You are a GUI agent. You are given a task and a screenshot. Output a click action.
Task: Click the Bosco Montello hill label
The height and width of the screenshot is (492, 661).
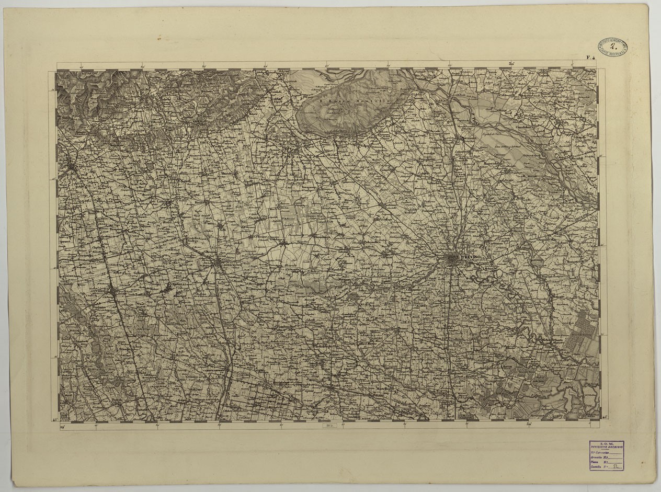click(352, 100)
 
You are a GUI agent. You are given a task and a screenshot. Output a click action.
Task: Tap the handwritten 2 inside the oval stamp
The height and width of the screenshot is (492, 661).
click(613, 45)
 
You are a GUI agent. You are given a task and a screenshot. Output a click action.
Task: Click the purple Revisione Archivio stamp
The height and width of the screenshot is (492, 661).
click(606, 455)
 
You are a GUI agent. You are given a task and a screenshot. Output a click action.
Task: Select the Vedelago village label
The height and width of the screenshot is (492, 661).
click(276, 240)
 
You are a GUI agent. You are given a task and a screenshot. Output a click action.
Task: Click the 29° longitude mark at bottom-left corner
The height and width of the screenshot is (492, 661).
click(62, 427)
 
